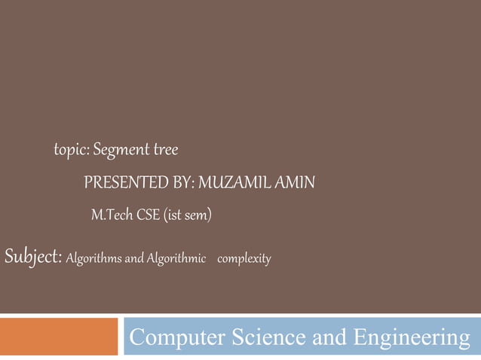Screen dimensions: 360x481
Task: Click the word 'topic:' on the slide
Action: [72, 151]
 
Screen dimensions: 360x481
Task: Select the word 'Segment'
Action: [121, 151]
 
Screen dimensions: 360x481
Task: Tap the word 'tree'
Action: [166, 151]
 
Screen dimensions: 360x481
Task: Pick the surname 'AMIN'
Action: [295, 183]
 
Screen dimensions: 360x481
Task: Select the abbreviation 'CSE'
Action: [148, 216]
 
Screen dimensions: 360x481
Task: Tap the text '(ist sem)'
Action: [188, 216]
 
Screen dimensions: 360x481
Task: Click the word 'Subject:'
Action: [33, 258]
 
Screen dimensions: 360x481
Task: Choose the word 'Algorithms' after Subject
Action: [94, 260]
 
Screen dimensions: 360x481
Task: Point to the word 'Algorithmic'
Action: [176, 260]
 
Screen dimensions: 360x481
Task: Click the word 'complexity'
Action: [244, 260]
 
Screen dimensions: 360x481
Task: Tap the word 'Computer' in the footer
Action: [176, 339]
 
